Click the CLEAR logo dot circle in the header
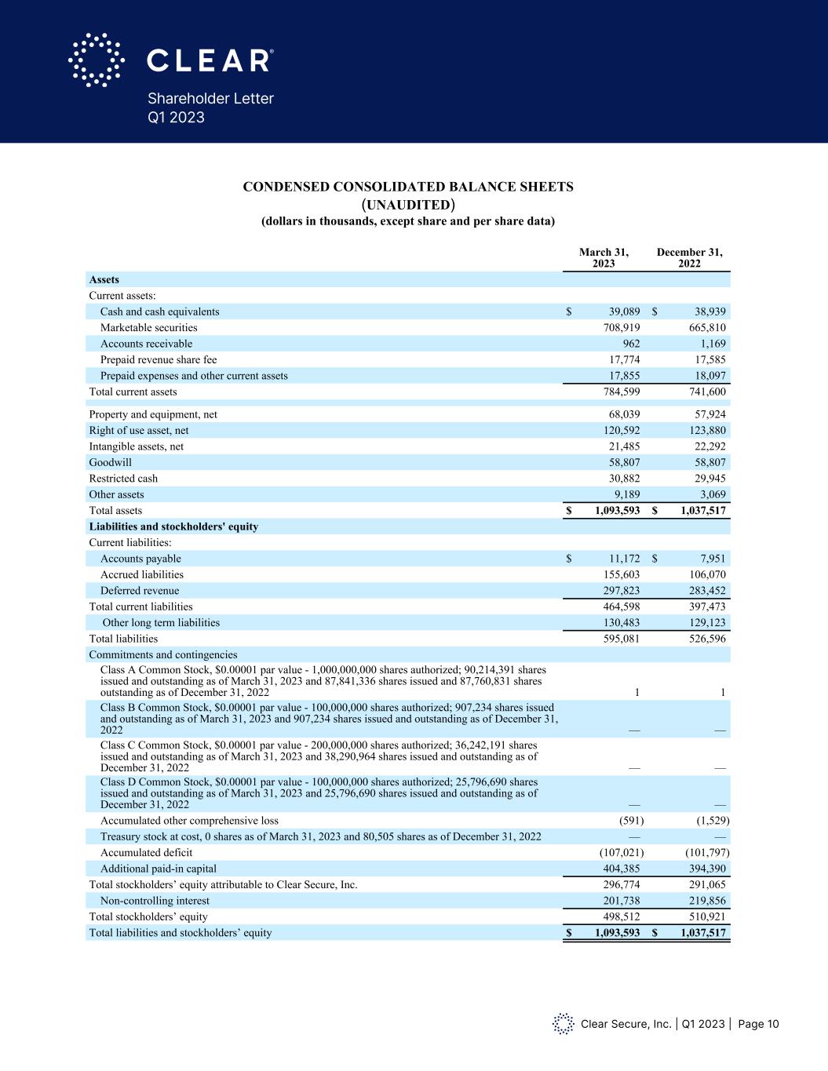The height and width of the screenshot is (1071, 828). (x=97, y=60)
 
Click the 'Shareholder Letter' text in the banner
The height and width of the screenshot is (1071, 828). (x=210, y=98)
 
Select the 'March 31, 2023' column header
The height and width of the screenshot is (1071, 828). (x=604, y=257)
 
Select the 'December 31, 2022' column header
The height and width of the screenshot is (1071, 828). (x=689, y=257)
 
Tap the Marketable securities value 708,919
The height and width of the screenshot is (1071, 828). (x=619, y=328)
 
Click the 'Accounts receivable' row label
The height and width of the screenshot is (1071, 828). (x=146, y=344)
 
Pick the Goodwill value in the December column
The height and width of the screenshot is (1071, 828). (x=705, y=462)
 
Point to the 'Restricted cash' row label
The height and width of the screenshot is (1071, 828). (x=123, y=479)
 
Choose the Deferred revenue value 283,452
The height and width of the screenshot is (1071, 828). (x=705, y=591)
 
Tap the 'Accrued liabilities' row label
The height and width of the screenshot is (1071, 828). (x=142, y=574)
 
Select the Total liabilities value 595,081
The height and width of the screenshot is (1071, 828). (x=619, y=639)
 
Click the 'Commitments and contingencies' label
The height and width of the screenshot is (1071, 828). (x=162, y=654)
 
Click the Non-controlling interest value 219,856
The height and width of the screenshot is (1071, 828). (x=705, y=901)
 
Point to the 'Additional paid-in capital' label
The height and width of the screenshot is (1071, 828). (x=159, y=869)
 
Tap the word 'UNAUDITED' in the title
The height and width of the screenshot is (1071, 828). (x=407, y=205)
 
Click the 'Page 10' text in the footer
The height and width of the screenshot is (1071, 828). (x=758, y=1024)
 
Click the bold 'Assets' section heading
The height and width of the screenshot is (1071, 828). (x=104, y=279)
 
